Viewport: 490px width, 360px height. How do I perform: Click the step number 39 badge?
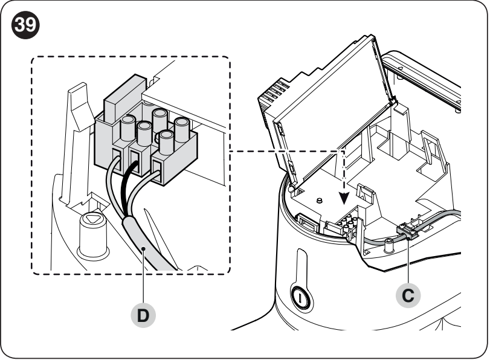tap(25, 25)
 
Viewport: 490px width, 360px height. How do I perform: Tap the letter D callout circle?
tap(143, 315)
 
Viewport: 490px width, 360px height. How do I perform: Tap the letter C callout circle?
tap(408, 295)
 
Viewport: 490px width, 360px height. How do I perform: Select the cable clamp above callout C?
tap(407, 232)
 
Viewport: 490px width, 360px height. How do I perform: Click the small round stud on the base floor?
tap(319, 201)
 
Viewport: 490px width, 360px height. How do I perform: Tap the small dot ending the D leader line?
tap(143, 248)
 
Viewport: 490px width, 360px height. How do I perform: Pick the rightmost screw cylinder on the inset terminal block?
tap(182, 129)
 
